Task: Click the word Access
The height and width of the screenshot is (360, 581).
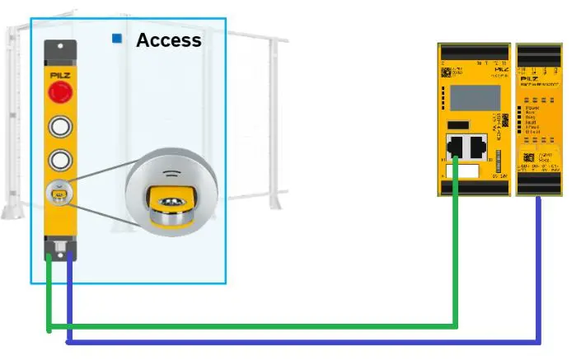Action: (168, 40)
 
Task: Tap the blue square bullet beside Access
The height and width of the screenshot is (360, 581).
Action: (117, 39)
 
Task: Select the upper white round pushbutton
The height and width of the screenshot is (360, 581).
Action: (61, 126)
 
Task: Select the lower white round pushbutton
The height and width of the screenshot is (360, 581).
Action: (61, 159)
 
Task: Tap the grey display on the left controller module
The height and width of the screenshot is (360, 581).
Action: (467, 96)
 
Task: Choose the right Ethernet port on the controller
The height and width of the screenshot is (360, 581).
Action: (478, 147)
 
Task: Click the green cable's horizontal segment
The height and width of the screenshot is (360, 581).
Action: (247, 326)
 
